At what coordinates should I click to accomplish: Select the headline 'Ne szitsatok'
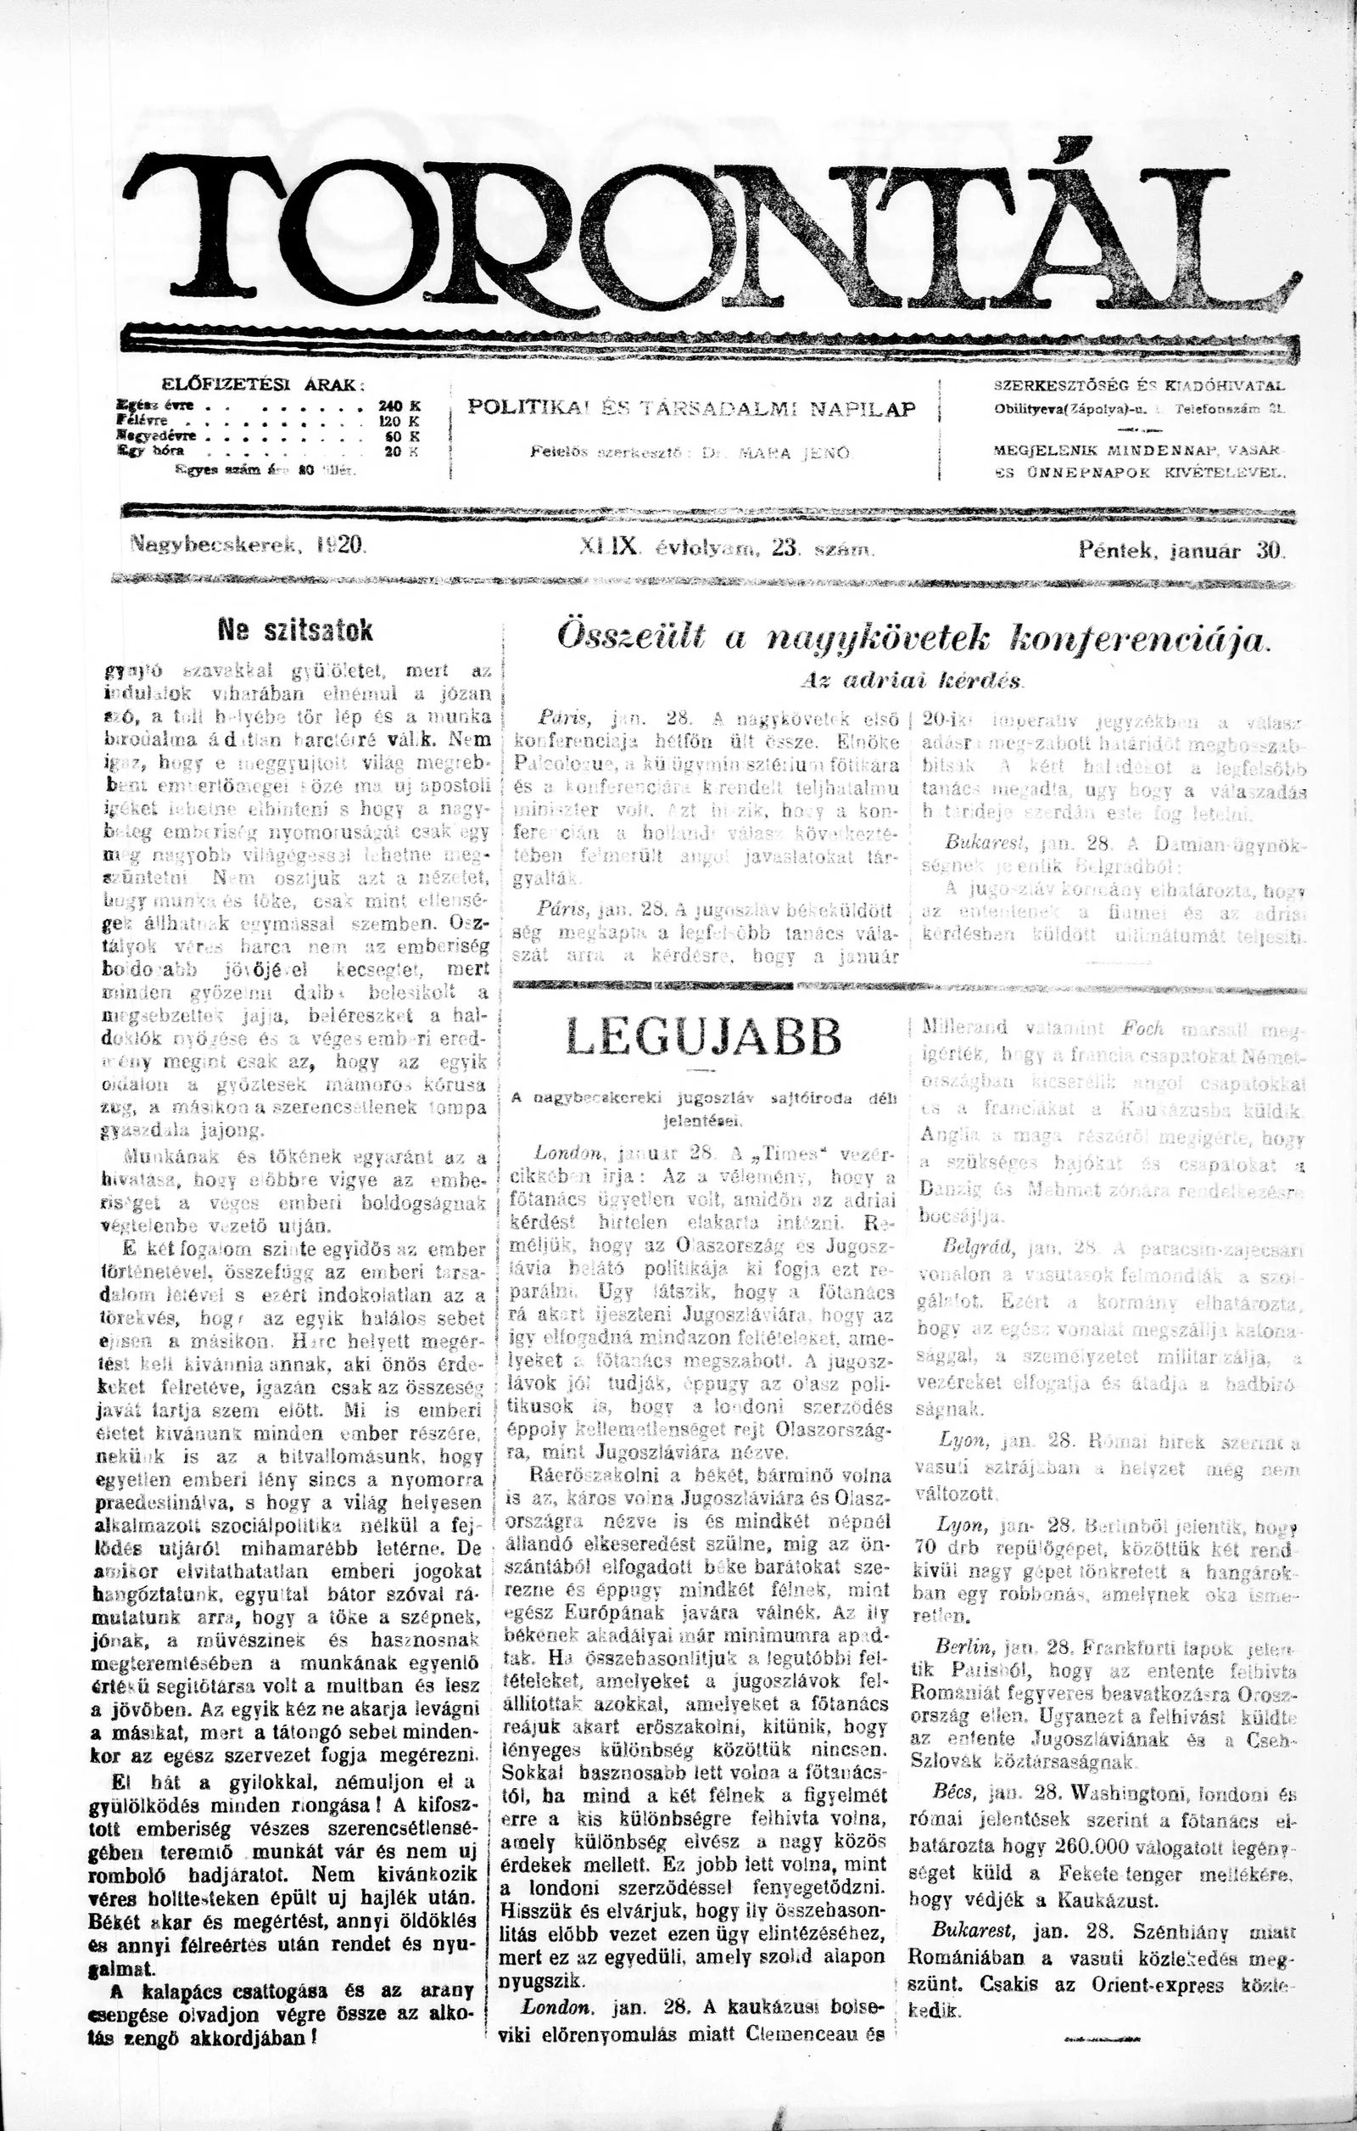tap(295, 631)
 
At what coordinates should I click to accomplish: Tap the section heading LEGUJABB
tap(703, 1037)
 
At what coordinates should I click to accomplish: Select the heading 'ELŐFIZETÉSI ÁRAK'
tap(263, 384)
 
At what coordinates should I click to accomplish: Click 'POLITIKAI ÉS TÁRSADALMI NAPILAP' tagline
tap(691, 409)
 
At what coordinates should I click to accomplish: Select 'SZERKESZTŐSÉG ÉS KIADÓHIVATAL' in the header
tap(1139, 386)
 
